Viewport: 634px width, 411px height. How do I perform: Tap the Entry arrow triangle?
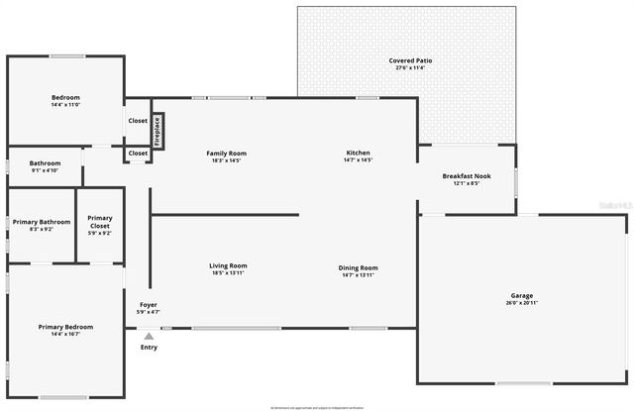click(149, 337)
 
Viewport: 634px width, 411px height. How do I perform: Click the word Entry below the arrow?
click(149, 348)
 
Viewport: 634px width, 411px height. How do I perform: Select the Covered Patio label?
click(409, 60)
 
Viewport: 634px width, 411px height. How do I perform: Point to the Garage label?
click(522, 296)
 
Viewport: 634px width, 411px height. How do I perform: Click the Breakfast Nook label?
click(466, 176)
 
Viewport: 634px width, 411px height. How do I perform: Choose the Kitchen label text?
click(358, 154)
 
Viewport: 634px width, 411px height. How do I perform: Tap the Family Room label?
click(226, 154)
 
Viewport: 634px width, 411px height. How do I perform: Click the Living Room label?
click(228, 266)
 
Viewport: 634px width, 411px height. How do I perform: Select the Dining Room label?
click(358, 267)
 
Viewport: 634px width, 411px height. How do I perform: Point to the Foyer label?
click(148, 305)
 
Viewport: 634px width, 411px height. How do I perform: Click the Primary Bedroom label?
click(65, 327)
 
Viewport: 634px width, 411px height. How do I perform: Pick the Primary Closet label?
click(100, 222)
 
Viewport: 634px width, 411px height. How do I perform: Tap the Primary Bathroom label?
click(42, 222)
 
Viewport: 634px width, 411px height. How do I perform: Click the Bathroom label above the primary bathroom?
click(45, 163)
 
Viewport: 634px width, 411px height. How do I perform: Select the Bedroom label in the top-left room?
click(65, 97)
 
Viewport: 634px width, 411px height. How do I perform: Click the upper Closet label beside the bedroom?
click(138, 121)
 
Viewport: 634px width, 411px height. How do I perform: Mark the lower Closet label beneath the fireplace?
click(138, 154)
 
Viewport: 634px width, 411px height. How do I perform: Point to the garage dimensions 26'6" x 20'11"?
click(522, 303)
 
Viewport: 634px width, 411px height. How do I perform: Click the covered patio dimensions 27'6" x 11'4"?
click(409, 67)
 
